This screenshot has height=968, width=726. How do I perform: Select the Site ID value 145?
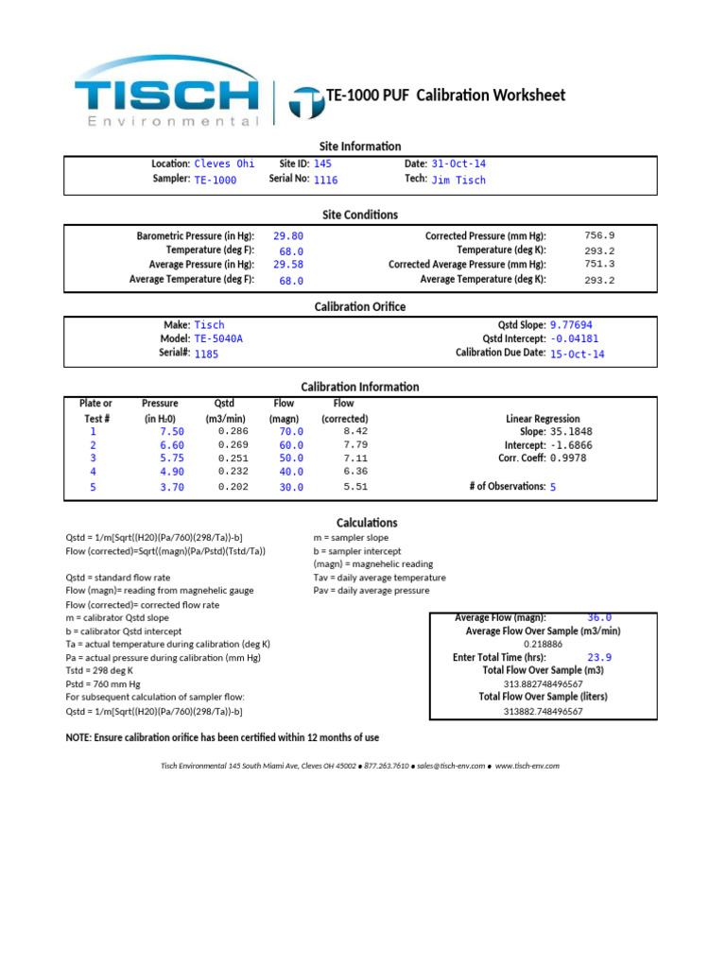pyautogui.click(x=322, y=164)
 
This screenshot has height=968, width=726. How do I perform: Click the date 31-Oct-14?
pyautogui.click(x=458, y=164)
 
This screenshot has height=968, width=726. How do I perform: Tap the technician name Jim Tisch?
pyautogui.click(x=458, y=180)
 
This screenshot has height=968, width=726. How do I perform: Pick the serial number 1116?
pyautogui.click(x=325, y=180)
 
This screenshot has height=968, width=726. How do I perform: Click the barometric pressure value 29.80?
pyautogui.click(x=288, y=236)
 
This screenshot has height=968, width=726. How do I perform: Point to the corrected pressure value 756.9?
pyautogui.click(x=599, y=235)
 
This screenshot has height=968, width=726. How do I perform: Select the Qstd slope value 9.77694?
pyautogui.click(x=571, y=324)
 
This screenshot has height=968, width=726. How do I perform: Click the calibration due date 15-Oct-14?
pyautogui.click(x=577, y=354)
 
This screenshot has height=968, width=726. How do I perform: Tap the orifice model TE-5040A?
pyautogui.click(x=224, y=338)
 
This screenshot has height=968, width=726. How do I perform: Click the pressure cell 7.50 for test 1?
pyautogui.click(x=172, y=431)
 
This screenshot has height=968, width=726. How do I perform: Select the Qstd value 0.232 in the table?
pyautogui.click(x=233, y=471)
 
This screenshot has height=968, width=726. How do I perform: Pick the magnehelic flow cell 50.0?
pyautogui.click(x=291, y=458)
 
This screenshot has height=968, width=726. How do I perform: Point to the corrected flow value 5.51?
pyautogui.click(x=355, y=487)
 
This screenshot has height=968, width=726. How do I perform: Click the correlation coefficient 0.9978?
pyautogui.click(x=568, y=458)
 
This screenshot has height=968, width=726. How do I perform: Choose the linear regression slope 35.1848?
pyautogui.click(x=571, y=431)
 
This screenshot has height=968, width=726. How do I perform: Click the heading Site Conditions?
pyautogui.click(x=360, y=215)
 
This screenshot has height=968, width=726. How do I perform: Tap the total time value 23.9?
pyautogui.click(x=599, y=657)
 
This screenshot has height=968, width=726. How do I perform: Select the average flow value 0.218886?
pyautogui.click(x=543, y=644)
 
